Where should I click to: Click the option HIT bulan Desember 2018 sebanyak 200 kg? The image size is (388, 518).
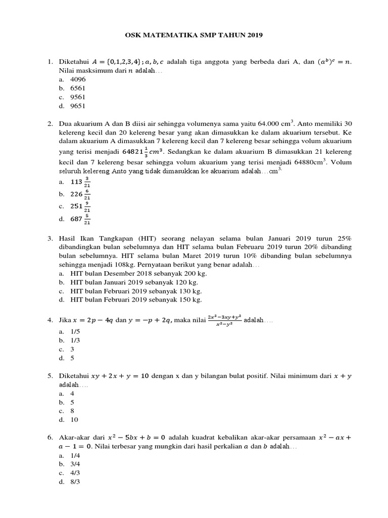pyautogui.click(x=139, y=273)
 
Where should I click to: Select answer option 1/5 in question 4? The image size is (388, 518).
pyautogui.click(x=75, y=331)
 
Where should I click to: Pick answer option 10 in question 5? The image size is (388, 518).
pyautogui.click(x=75, y=420)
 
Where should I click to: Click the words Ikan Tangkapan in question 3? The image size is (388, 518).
pyautogui.click(x=108, y=238)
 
